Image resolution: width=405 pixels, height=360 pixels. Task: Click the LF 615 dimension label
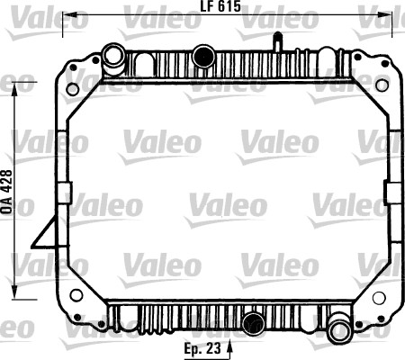220,6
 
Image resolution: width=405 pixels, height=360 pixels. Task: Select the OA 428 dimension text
7,192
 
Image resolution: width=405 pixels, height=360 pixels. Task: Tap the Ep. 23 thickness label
202,348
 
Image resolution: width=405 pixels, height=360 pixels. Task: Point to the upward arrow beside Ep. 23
229,349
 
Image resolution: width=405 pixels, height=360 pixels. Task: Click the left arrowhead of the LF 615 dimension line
70,14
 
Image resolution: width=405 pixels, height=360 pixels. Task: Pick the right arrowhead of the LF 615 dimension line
385,14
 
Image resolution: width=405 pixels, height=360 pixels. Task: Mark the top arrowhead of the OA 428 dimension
14,89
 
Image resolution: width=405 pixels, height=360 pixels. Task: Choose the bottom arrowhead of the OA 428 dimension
14,292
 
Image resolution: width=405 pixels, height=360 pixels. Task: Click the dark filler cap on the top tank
203,56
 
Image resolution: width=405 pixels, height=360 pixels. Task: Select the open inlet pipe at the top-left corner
113,58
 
